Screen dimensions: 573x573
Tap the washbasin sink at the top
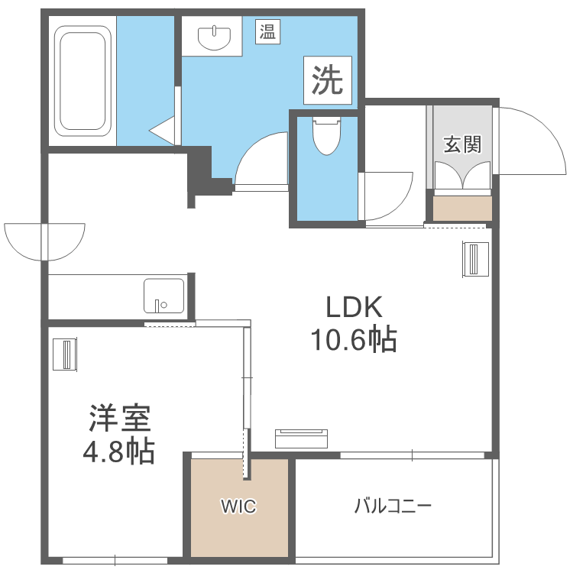coord(213,35)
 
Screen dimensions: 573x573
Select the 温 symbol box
coord(267,33)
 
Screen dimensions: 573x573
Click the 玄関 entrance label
coord(462,144)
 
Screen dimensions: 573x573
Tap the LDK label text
coord(353,307)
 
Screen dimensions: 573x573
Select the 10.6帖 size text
coord(353,338)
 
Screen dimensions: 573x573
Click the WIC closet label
coord(238,507)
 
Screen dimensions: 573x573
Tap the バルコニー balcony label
coord(393,506)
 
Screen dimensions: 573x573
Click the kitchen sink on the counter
coord(163,296)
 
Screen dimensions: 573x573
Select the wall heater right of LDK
coord(475,260)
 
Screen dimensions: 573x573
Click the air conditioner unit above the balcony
coord(301,438)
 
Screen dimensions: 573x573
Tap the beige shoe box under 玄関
coord(462,209)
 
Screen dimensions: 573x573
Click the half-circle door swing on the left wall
coord(44,240)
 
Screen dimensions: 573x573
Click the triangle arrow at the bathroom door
coord(162,131)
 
